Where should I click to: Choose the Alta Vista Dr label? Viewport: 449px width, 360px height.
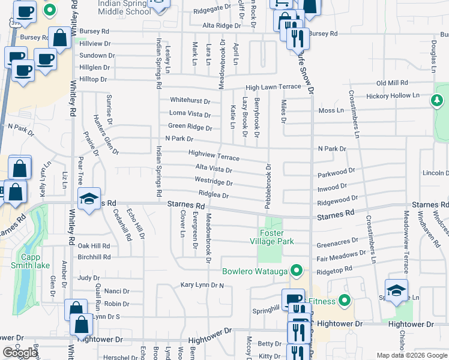pos(213,169)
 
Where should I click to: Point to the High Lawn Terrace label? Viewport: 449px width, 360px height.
pos(273,87)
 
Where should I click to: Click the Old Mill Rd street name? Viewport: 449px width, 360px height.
pos(392,83)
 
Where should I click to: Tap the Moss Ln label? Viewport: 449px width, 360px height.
pos(331,111)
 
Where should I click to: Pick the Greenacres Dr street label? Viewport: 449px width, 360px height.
pos(337,245)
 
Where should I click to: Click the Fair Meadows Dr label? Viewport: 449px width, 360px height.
pos(337,259)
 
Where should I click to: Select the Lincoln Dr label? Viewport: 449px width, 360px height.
pos(436,173)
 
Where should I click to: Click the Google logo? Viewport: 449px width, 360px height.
pos(20,353)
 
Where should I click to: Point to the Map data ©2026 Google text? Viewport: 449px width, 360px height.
pos(411,355)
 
